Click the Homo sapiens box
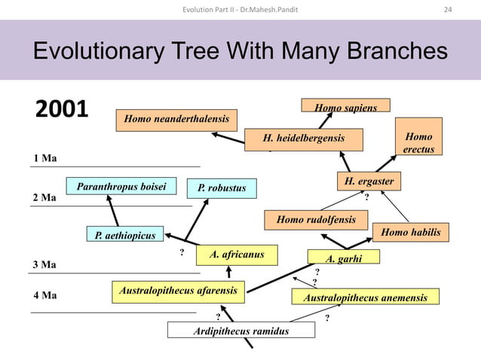345,106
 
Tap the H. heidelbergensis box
304,139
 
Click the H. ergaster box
369,182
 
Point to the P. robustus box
222,188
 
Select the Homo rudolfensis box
315,220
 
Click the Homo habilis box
410,233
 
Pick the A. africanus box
236,255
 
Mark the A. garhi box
343,258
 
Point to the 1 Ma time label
45,158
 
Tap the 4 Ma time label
45,295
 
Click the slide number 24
448,9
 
